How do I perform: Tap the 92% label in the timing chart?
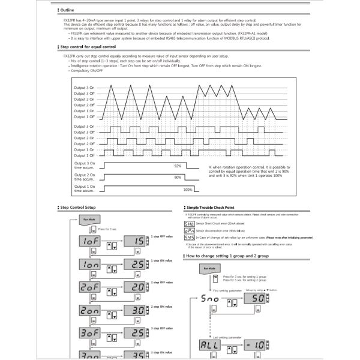click(178, 166)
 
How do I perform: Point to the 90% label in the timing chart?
click(178, 178)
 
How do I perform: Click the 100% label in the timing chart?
click(188, 190)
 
